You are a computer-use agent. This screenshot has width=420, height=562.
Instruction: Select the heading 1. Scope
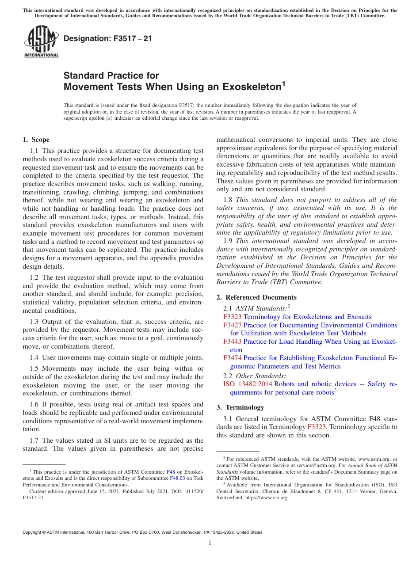[36, 140]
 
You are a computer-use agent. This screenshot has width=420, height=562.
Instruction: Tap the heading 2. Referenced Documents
[256, 297]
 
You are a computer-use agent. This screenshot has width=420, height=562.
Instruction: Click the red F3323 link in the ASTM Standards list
[232, 317]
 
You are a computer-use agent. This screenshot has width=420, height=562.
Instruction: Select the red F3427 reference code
[232, 325]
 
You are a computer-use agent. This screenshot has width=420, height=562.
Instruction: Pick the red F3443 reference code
[232, 342]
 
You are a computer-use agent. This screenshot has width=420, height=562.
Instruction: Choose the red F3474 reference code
[232, 358]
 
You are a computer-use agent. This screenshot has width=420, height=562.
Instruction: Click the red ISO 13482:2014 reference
[248, 384]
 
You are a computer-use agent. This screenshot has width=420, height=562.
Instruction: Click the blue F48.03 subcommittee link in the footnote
[176, 478]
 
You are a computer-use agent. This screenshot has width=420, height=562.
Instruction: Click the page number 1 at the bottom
[210, 543]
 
